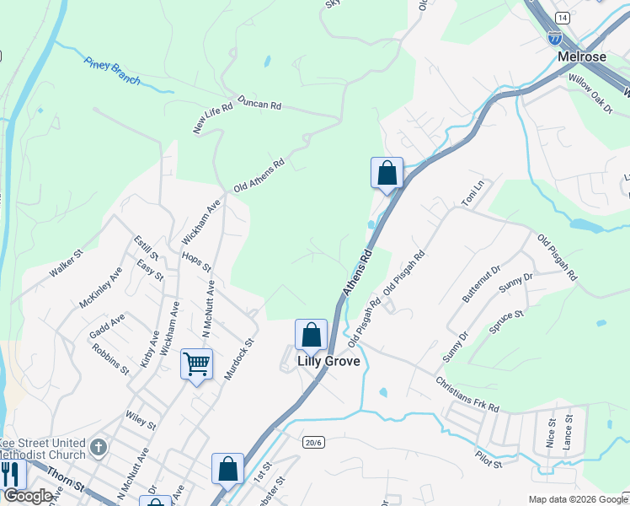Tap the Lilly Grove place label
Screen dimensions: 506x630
tap(328, 361)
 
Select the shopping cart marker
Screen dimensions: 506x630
tap(197, 364)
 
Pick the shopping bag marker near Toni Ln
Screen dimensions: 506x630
tap(387, 174)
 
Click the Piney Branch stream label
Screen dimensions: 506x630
tap(112, 72)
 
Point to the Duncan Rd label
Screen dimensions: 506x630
tap(259, 105)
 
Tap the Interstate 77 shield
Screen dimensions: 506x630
tap(554, 38)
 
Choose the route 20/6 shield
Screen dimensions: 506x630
tap(312, 442)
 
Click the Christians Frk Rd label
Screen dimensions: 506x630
tap(467, 394)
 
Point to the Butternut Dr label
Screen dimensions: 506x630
tap(481, 283)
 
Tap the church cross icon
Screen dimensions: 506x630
tap(99, 447)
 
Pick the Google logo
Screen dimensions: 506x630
tap(28, 496)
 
